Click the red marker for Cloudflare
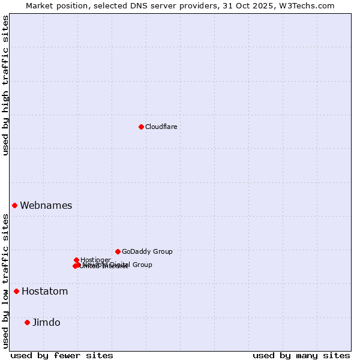[141, 127]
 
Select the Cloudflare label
[161, 127]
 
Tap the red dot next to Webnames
[14, 205]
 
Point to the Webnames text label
[46, 205]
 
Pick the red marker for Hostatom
[16, 292]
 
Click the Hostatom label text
[44, 292]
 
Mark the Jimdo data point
[27, 322]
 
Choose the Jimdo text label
[46, 322]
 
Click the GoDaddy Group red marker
[118, 251]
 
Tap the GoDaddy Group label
[147, 251]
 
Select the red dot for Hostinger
[76, 260]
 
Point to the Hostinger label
[95, 260]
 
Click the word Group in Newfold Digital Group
[142, 265]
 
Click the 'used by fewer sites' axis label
[62, 355]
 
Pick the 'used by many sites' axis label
[301, 355]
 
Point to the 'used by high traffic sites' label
[5, 85]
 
